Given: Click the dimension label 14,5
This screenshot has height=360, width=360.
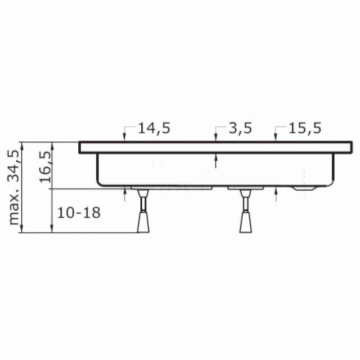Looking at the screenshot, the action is tap(154, 128).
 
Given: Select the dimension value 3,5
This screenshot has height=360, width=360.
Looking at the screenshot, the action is tap(240, 128).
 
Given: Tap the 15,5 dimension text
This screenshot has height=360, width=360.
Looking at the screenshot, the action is tap(305, 128).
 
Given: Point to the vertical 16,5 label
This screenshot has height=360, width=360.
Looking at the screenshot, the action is tap(45, 166).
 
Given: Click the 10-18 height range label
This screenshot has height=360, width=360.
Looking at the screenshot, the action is tap(79, 212).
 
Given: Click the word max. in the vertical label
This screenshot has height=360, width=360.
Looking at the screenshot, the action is tap(14, 210).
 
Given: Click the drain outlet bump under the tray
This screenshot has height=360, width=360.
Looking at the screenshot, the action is tap(305, 188).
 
